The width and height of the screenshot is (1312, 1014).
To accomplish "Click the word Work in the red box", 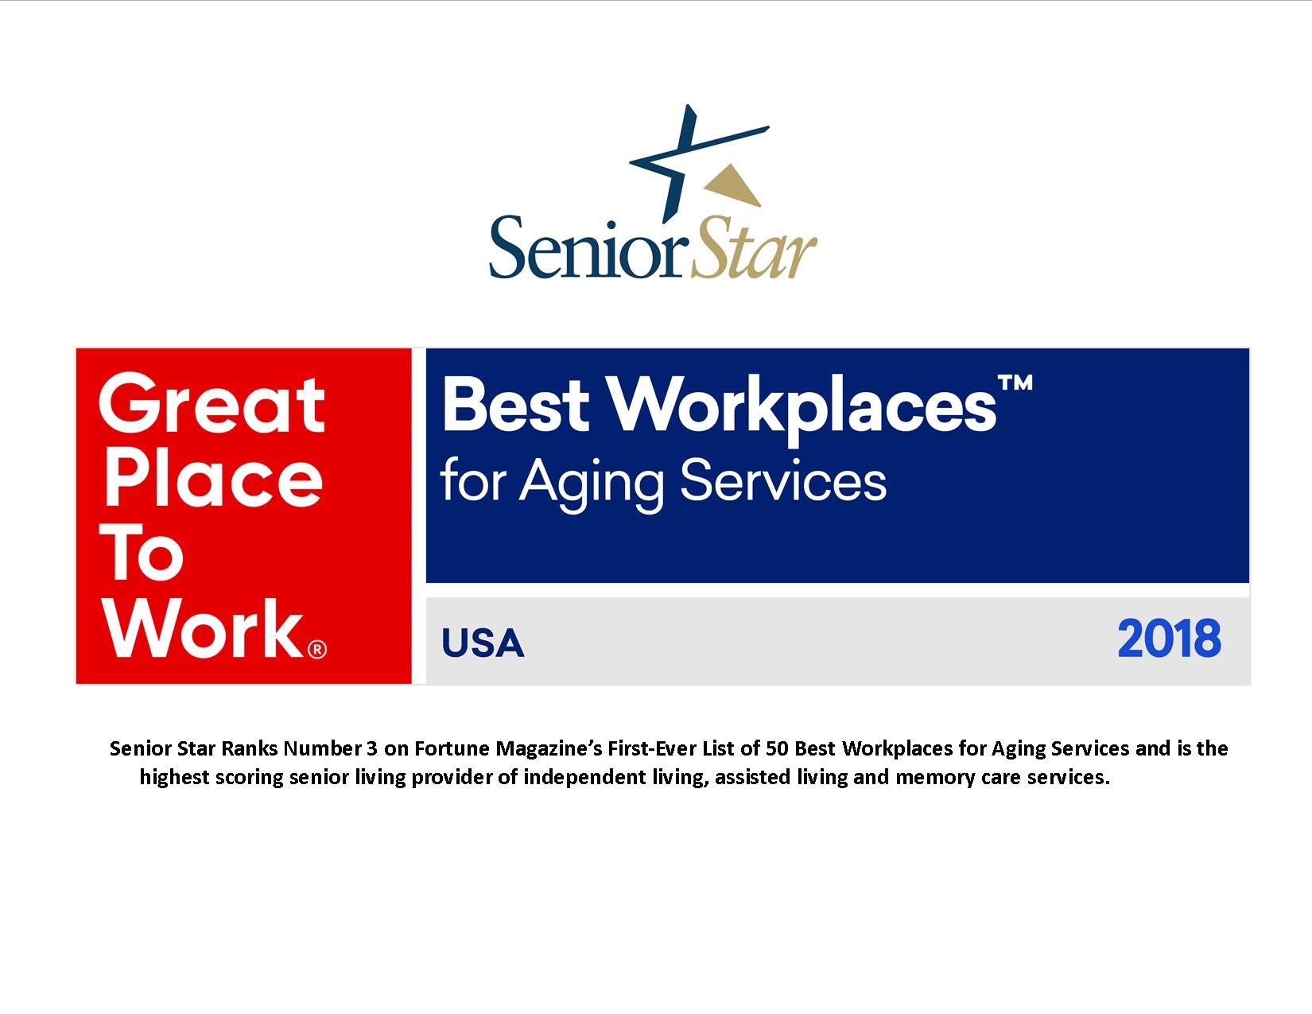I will (x=203, y=628).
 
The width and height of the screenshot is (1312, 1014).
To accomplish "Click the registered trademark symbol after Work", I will (x=316, y=649).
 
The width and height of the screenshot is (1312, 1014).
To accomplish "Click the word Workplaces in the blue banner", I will (x=803, y=406).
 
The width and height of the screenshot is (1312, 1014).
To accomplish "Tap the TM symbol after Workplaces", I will (x=1015, y=383).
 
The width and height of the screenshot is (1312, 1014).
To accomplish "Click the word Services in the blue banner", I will (x=783, y=480).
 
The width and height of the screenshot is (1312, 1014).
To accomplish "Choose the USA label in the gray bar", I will (x=483, y=643).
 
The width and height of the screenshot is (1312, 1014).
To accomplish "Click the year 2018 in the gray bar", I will (x=1169, y=639).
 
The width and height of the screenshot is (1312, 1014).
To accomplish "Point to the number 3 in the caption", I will (x=372, y=748).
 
